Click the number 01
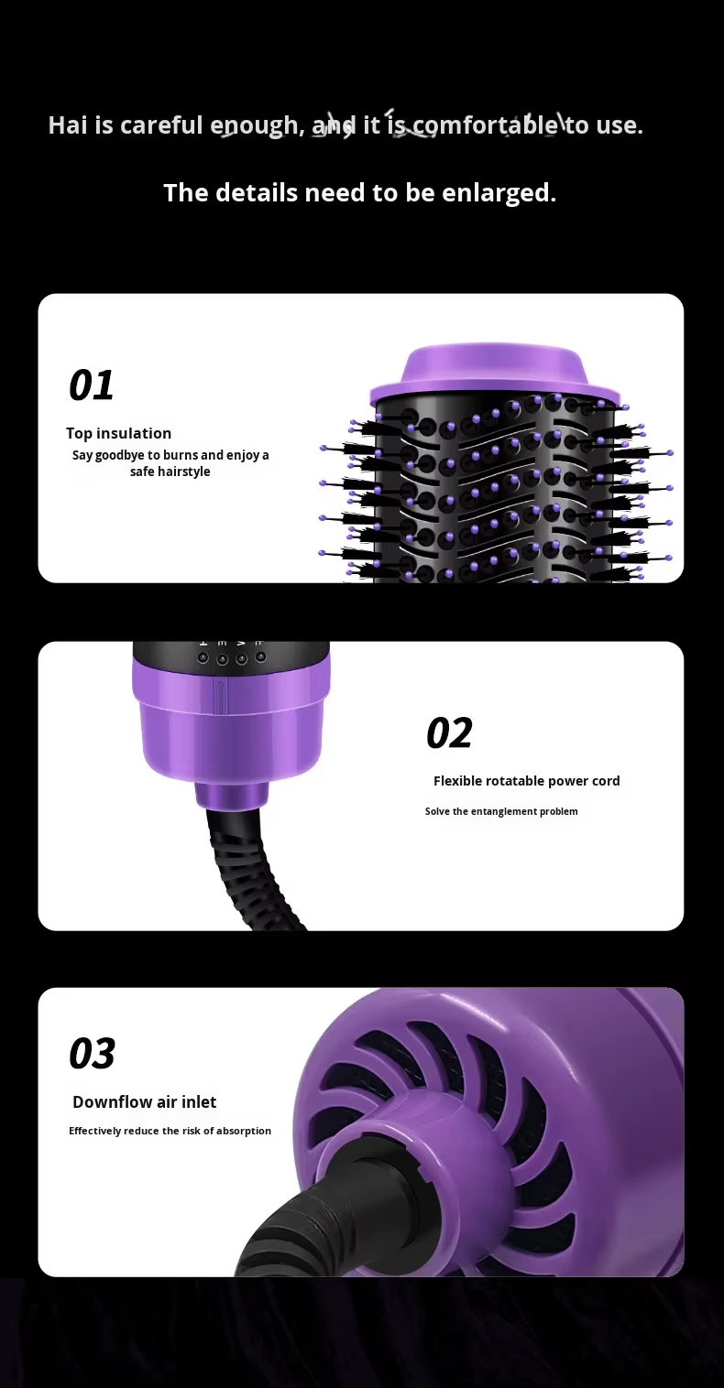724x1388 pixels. click(x=92, y=385)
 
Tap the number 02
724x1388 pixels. click(x=449, y=732)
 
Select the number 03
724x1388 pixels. click(x=92, y=1054)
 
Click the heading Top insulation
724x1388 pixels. click(x=118, y=433)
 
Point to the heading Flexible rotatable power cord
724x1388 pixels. click(x=527, y=781)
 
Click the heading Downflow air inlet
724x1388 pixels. click(x=145, y=1101)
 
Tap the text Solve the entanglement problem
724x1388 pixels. click(x=501, y=811)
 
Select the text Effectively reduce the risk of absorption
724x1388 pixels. click(x=170, y=1131)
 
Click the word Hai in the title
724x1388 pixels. click(x=68, y=125)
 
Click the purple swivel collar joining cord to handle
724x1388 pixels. click(x=232, y=796)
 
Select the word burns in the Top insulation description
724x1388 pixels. click(x=181, y=455)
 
